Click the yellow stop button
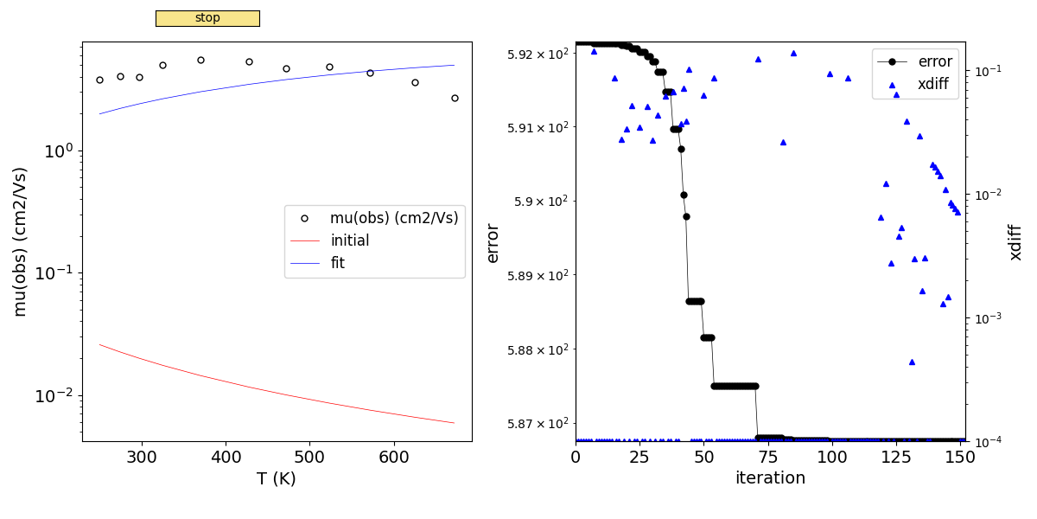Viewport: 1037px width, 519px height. [x=207, y=18]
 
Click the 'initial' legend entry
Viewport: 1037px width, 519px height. [x=349, y=241]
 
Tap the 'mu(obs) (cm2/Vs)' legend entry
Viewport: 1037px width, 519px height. [x=393, y=219]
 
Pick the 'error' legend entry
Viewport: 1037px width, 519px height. [x=934, y=61]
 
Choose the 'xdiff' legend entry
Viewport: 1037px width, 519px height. [x=934, y=84]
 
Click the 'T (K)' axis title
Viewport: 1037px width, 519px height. [x=277, y=478]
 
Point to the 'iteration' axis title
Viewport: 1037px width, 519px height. [x=770, y=478]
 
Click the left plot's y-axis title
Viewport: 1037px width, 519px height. [x=21, y=241]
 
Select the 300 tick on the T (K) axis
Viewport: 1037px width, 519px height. [x=142, y=457]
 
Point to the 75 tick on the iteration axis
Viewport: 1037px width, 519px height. [x=768, y=457]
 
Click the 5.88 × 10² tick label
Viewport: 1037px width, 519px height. [x=529, y=349]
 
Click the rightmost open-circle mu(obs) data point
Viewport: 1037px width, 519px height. [x=455, y=98]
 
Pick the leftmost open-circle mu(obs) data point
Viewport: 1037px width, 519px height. [x=99, y=80]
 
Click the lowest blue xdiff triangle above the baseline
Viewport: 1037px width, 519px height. [x=912, y=362]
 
